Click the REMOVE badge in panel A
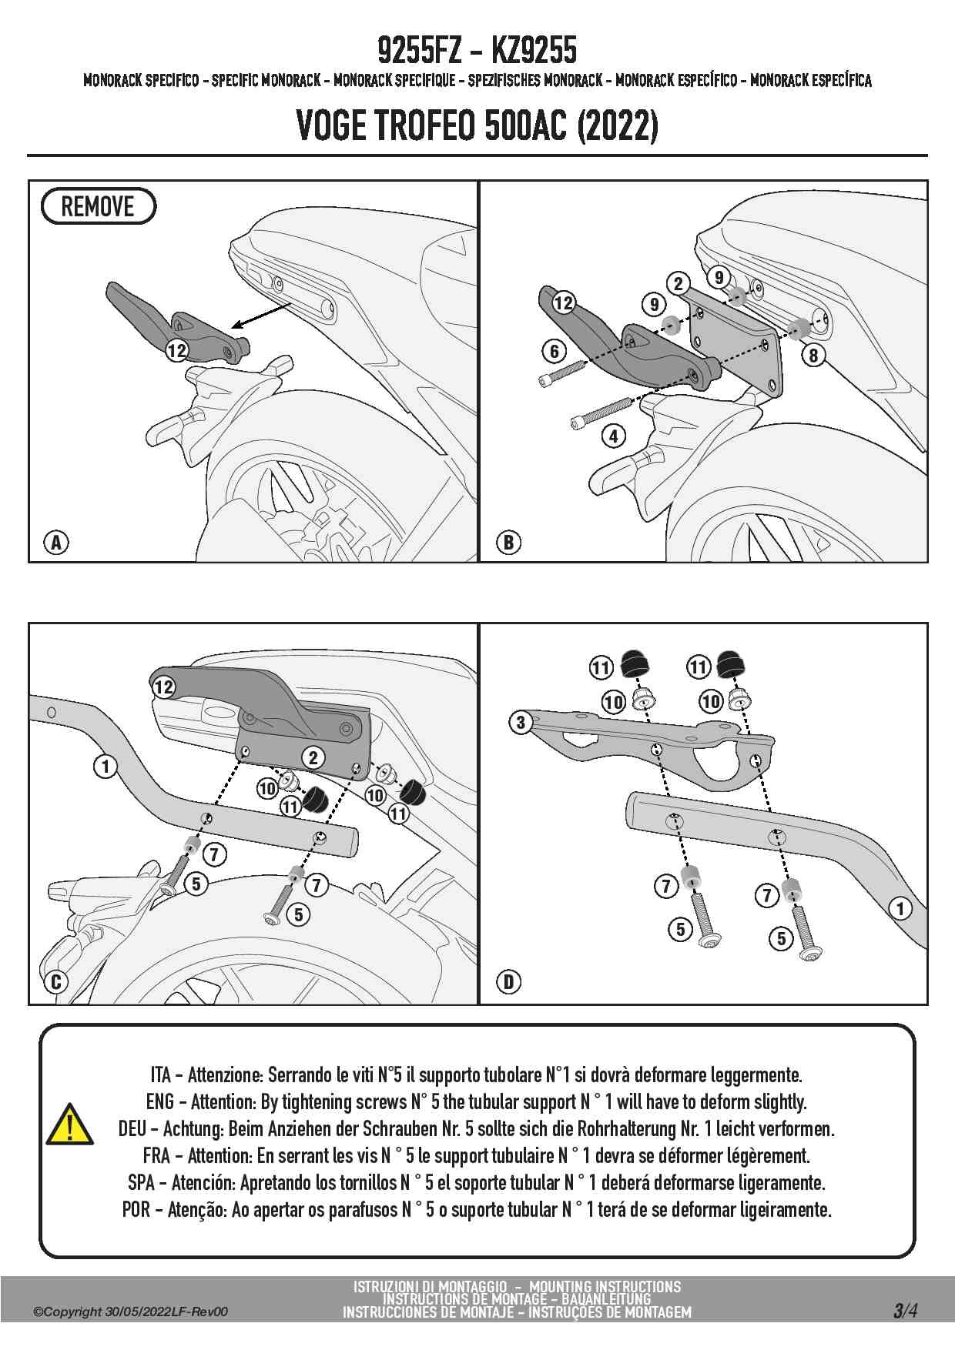(98, 206)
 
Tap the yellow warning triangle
(70, 1125)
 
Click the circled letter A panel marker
(56, 543)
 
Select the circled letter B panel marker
(508, 543)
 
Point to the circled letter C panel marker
(56, 982)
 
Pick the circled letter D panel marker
(508, 982)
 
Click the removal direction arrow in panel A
(261, 314)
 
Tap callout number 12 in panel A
(177, 350)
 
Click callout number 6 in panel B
(555, 352)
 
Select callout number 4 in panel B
(613, 436)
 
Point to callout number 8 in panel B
(813, 355)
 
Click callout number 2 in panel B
(678, 283)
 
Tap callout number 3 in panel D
(521, 722)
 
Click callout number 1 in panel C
(106, 766)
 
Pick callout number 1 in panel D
(900, 908)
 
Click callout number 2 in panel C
(313, 757)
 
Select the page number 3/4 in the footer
(905, 1310)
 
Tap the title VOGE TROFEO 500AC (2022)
(477, 125)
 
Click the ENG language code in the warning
(159, 1102)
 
